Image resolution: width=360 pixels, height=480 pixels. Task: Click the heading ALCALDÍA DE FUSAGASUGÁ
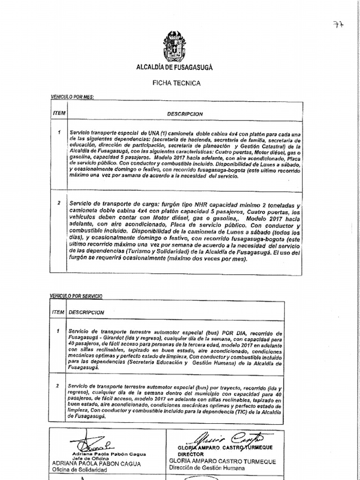click(x=174, y=67)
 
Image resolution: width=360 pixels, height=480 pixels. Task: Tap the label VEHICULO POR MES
click(x=72, y=97)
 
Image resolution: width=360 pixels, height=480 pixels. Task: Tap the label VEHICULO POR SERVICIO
click(x=76, y=296)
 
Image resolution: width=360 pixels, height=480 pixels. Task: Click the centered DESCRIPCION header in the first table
click(x=185, y=114)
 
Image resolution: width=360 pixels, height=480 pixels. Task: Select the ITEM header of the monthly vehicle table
click(x=59, y=113)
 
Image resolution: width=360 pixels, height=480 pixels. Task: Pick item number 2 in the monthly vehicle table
click(x=59, y=203)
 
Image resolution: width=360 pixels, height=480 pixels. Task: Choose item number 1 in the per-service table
click(x=58, y=331)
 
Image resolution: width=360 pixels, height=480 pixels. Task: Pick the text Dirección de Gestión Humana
click(x=207, y=468)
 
